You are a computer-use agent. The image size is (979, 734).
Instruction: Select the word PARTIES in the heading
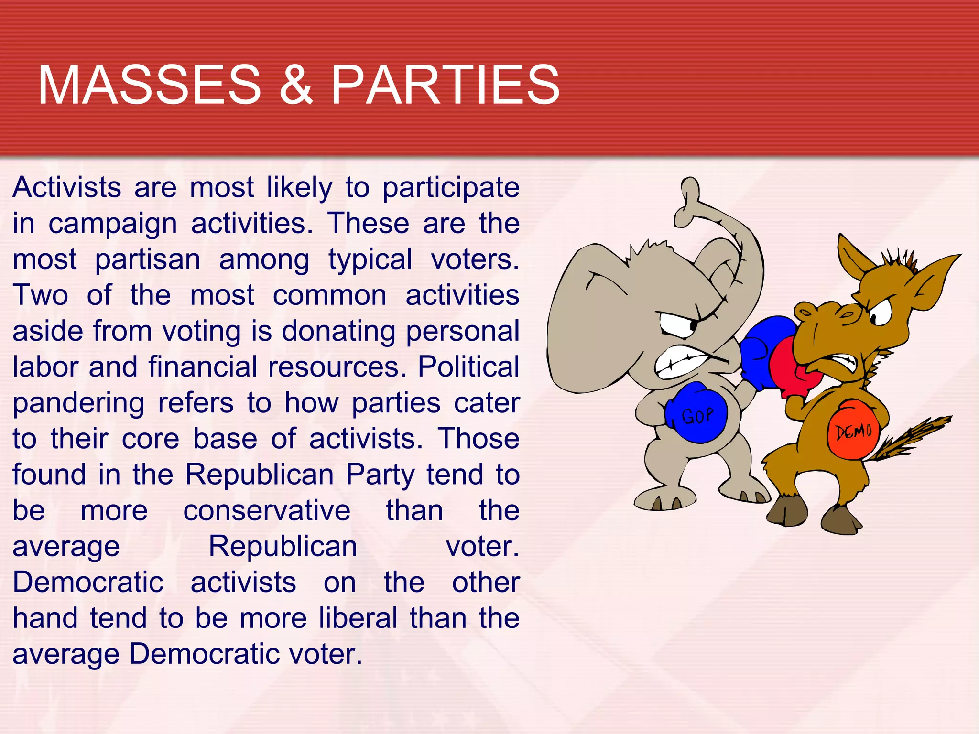(x=445, y=85)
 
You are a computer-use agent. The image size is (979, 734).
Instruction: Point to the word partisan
(x=148, y=260)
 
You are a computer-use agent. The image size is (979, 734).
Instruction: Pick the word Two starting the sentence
(x=40, y=295)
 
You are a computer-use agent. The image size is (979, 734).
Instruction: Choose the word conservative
(x=267, y=511)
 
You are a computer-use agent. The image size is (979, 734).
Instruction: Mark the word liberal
(x=359, y=618)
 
